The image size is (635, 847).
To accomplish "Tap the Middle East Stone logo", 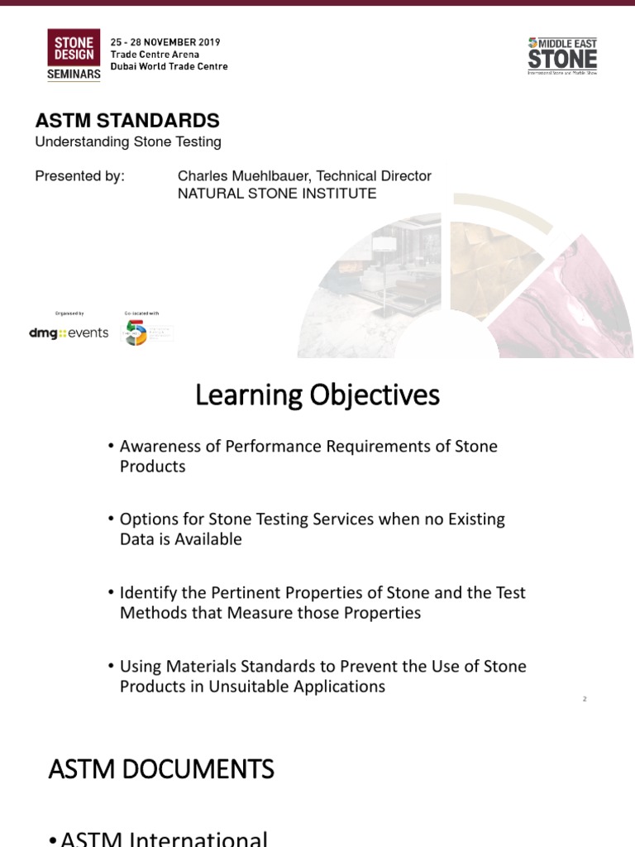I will click(562, 55).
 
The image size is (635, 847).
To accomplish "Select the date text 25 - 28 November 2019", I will click(165, 42).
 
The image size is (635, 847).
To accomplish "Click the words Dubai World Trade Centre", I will click(169, 66).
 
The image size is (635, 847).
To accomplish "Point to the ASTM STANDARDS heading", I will click(127, 121).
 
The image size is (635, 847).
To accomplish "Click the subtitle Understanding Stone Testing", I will click(128, 141).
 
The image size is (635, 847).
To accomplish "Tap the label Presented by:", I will click(79, 176).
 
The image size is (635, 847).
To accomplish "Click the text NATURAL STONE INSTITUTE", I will click(277, 194).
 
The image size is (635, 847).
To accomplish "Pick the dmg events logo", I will click(69, 333).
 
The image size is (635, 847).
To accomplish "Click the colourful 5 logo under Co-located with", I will click(136, 333).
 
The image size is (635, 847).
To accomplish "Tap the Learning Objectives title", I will click(317, 396).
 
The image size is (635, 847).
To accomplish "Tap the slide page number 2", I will click(585, 700).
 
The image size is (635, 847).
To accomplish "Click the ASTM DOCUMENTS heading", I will click(161, 770).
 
